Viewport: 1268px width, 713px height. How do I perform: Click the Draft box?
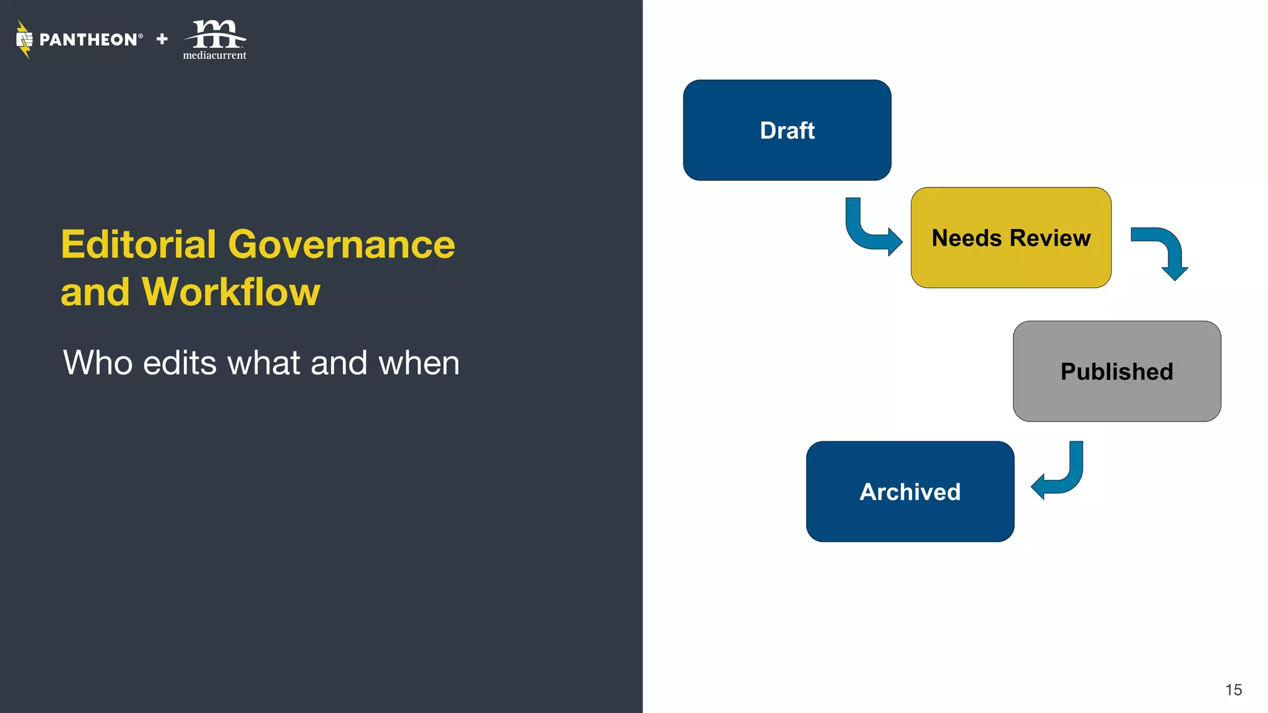787,130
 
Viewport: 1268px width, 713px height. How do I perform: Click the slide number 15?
1233,690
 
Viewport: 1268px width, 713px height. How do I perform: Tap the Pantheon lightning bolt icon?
24,40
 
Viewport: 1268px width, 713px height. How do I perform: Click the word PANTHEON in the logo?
88,40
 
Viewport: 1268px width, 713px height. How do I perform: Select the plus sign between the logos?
162,39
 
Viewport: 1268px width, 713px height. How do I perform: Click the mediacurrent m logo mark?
215,34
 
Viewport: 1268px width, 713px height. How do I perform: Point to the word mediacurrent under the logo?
214,56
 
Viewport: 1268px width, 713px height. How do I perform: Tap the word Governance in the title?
341,244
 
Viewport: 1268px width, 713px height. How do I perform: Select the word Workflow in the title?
231,292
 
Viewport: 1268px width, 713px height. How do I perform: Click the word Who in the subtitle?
98,363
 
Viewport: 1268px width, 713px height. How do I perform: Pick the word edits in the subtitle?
180,363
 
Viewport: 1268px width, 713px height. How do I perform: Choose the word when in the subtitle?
419,363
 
